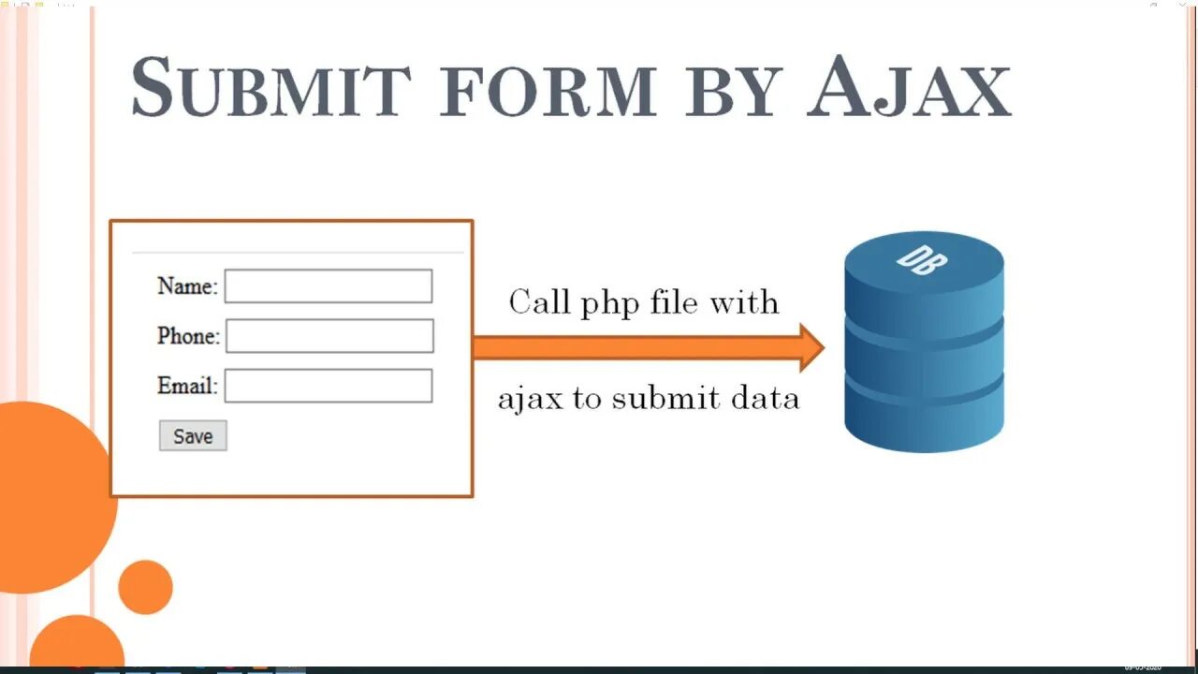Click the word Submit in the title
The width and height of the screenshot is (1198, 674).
click(270, 88)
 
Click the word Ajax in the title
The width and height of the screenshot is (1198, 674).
click(910, 88)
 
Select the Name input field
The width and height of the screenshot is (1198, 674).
click(329, 286)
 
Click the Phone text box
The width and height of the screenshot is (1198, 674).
click(329, 336)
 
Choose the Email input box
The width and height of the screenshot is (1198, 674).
click(329, 386)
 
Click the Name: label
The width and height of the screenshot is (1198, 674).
click(187, 286)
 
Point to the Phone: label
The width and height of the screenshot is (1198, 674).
click(188, 336)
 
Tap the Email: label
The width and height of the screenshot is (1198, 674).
click(187, 386)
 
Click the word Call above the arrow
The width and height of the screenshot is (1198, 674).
click(538, 302)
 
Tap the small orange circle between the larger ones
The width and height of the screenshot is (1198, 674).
click(145, 587)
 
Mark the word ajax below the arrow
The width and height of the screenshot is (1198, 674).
click(530, 400)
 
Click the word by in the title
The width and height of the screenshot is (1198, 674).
click(732, 92)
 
